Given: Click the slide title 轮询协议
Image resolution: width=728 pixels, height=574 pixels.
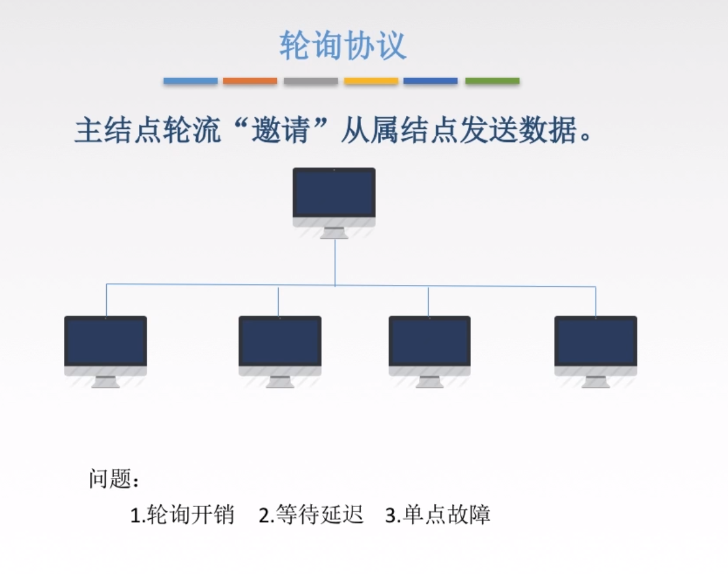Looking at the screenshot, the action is point(343,46).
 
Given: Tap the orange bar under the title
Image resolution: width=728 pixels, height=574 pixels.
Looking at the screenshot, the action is point(249,81).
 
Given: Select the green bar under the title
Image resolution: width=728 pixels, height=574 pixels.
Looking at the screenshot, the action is point(492,81).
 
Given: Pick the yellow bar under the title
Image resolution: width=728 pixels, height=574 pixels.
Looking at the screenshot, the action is point(371,81).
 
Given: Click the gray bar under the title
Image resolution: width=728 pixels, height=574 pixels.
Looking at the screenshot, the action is point(311,81).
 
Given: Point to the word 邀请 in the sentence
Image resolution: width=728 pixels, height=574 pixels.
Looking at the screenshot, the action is point(280,132).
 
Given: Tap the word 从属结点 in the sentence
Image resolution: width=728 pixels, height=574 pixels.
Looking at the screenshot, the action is point(398,132).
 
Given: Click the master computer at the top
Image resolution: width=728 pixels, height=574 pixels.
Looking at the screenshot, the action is point(334,194).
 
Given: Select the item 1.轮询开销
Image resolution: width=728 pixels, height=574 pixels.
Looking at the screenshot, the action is point(182,516).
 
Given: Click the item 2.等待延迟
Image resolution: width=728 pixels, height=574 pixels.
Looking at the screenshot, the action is point(311,516).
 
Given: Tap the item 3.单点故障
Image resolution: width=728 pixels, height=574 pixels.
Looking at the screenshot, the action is point(438,516).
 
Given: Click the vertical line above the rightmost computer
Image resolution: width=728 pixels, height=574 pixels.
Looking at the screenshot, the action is point(596,302).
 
